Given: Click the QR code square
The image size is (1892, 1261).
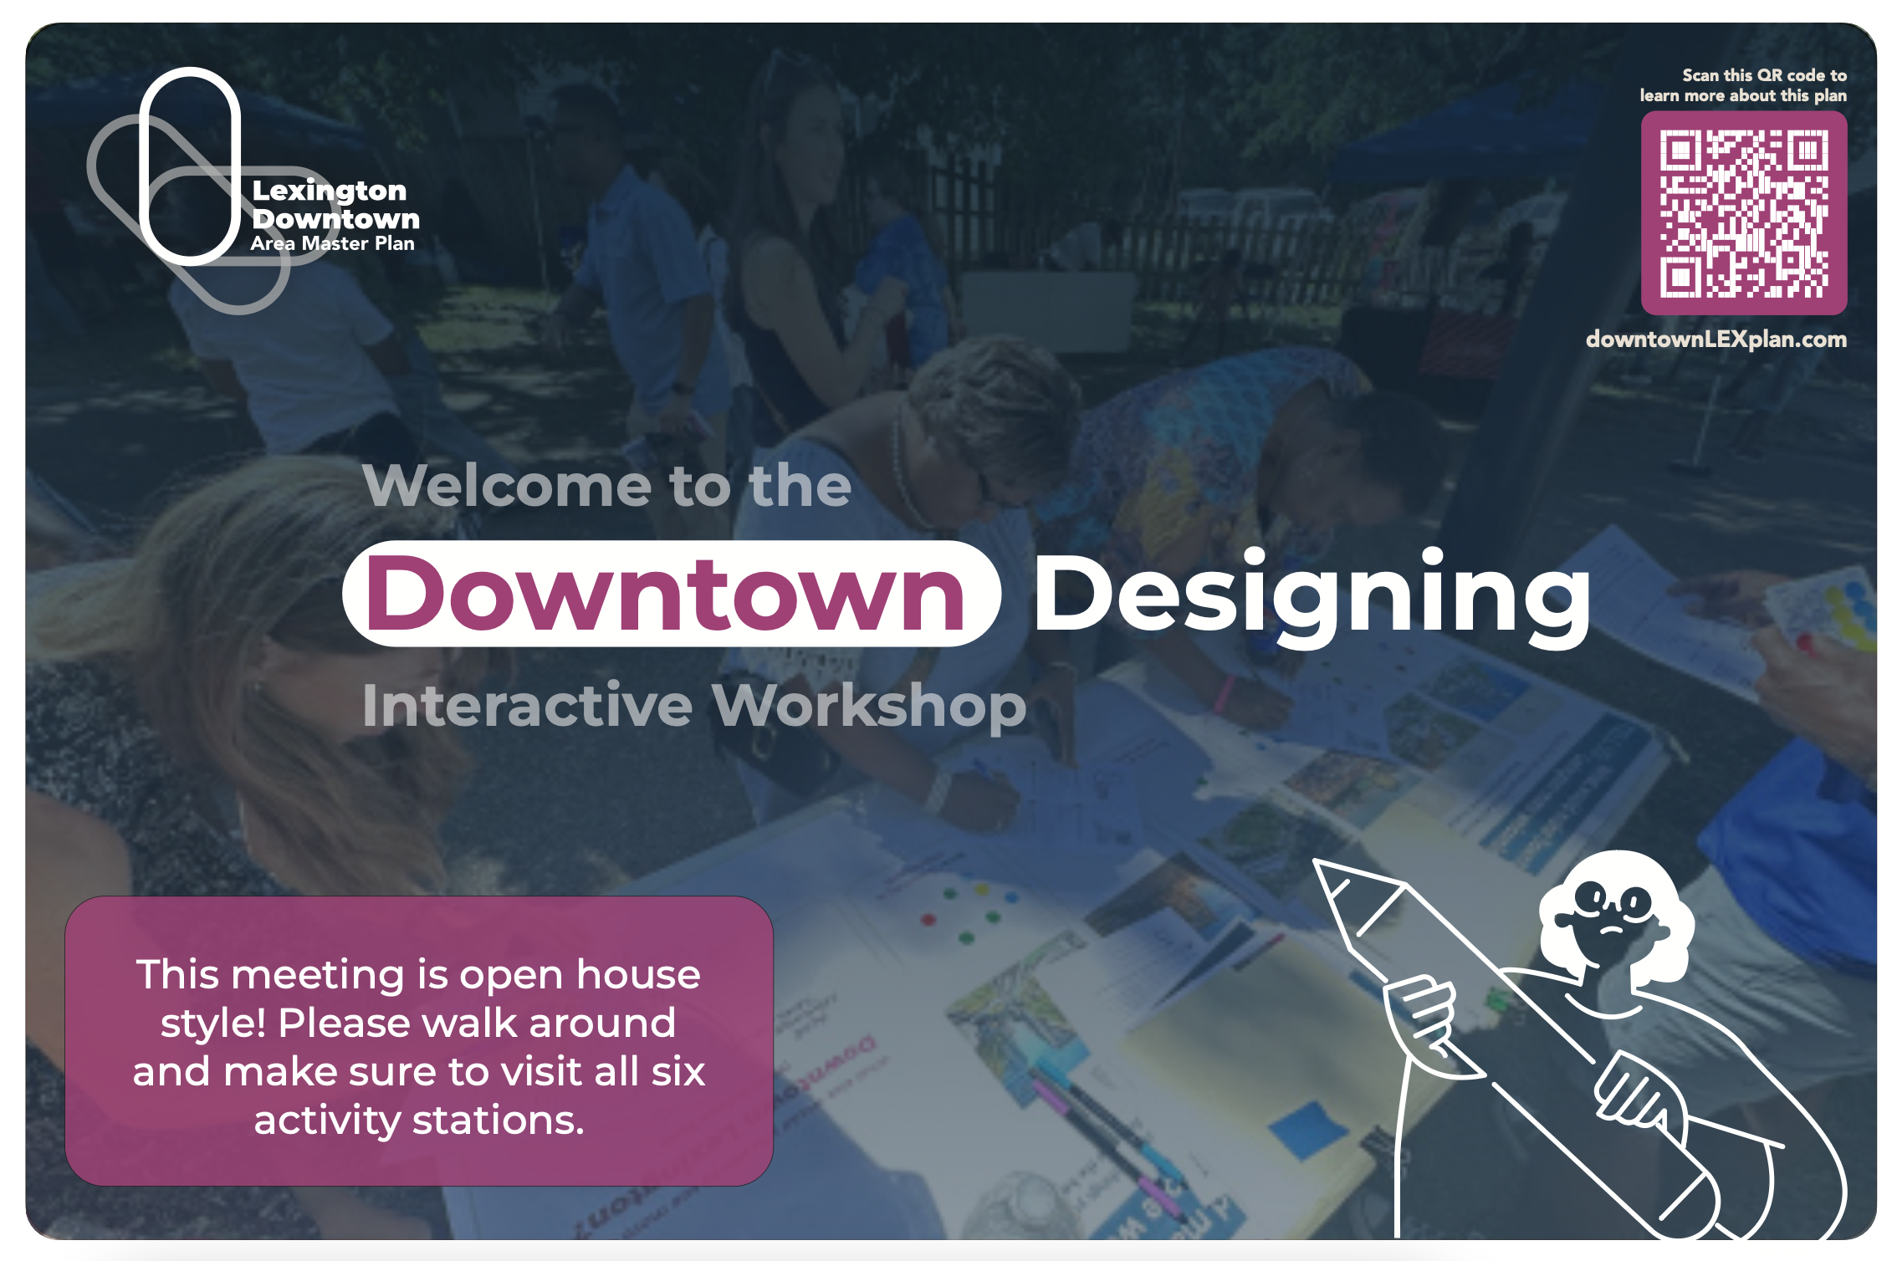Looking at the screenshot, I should pos(1743,213).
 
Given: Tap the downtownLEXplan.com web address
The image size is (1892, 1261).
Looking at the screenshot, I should pos(1716,339).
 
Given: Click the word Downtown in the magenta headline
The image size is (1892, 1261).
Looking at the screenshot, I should pos(667,595).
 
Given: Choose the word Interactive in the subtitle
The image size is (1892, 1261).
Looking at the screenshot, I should pos(527,706).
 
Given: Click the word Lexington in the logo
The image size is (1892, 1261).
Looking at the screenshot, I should pos(330,191).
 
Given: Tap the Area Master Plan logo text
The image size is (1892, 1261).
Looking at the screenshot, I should pos(332,244).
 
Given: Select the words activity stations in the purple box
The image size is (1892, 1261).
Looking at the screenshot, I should pos(418,1120).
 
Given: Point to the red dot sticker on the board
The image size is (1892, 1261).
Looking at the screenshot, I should pos(928,920).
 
